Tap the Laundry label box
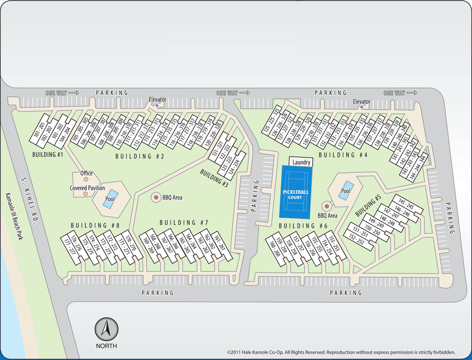point(301,162)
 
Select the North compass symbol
point(106,329)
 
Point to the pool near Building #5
point(346,191)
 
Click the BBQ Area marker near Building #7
point(155,197)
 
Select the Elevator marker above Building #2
point(157,106)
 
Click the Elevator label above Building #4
point(361,102)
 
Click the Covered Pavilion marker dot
point(86,194)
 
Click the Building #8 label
point(95,225)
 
